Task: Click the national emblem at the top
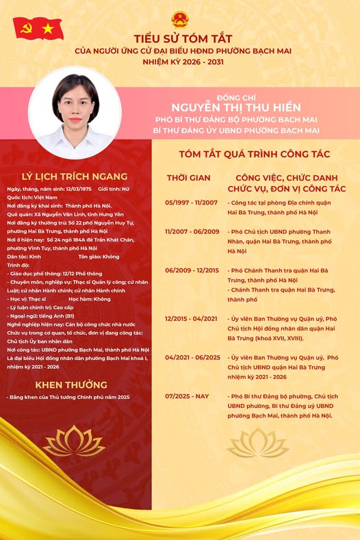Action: point(179,18)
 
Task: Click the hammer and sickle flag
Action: point(26,27)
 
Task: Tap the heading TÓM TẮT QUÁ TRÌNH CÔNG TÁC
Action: point(255,154)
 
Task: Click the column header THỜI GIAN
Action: point(189,178)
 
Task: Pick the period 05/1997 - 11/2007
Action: point(191,203)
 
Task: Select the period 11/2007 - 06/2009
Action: point(191,231)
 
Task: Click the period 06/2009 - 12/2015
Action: point(191,270)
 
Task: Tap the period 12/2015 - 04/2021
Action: point(191,318)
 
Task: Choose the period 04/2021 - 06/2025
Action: point(191,357)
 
